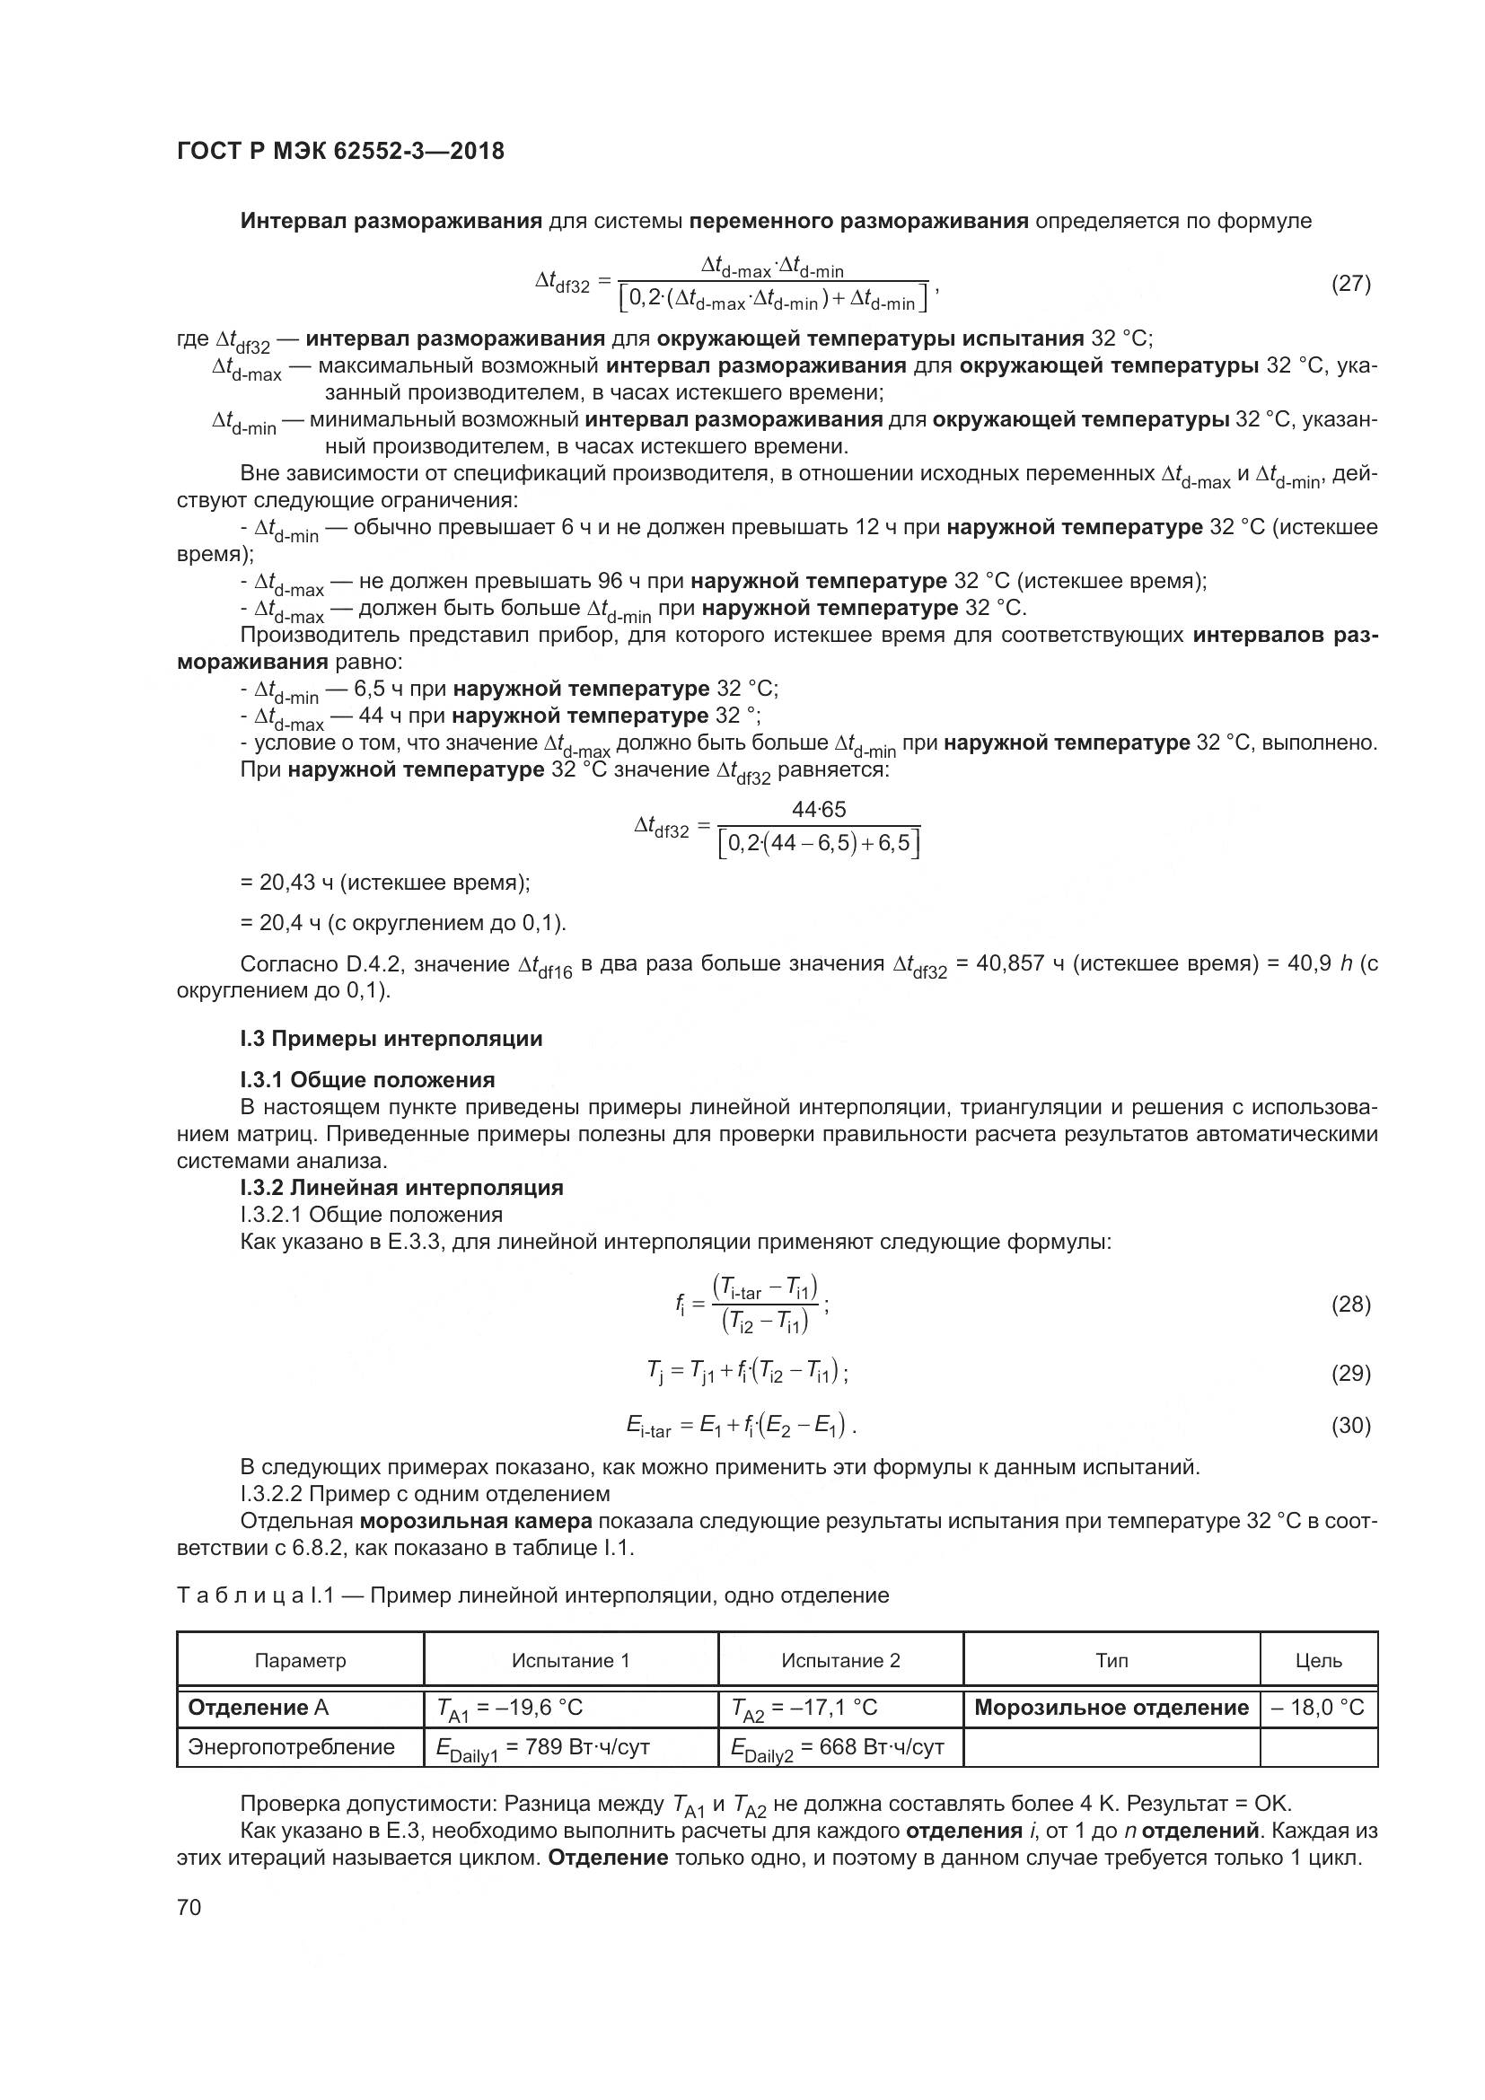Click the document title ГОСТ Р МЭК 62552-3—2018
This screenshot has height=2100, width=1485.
coord(340,151)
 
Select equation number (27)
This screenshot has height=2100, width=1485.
coord(1350,284)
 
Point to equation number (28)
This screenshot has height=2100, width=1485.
coord(1350,1305)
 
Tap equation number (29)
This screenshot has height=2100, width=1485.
coord(1350,1373)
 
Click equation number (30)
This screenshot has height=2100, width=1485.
coord(1350,1425)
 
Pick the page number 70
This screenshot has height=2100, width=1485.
coord(189,1907)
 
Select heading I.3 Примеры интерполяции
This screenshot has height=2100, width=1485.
coord(391,1039)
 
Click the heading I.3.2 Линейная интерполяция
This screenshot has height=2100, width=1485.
coord(401,1188)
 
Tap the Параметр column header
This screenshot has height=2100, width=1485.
coord(300,1661)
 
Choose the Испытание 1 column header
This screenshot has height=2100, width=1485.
coord(571,1661)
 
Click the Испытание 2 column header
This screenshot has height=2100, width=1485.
coord(840,1661)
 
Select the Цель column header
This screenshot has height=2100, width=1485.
coord(1319,1661)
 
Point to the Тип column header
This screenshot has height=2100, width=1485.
coord(1111,1661)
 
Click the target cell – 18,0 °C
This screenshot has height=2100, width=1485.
coord(1318,1708)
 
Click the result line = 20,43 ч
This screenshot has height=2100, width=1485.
coord(385,883)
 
